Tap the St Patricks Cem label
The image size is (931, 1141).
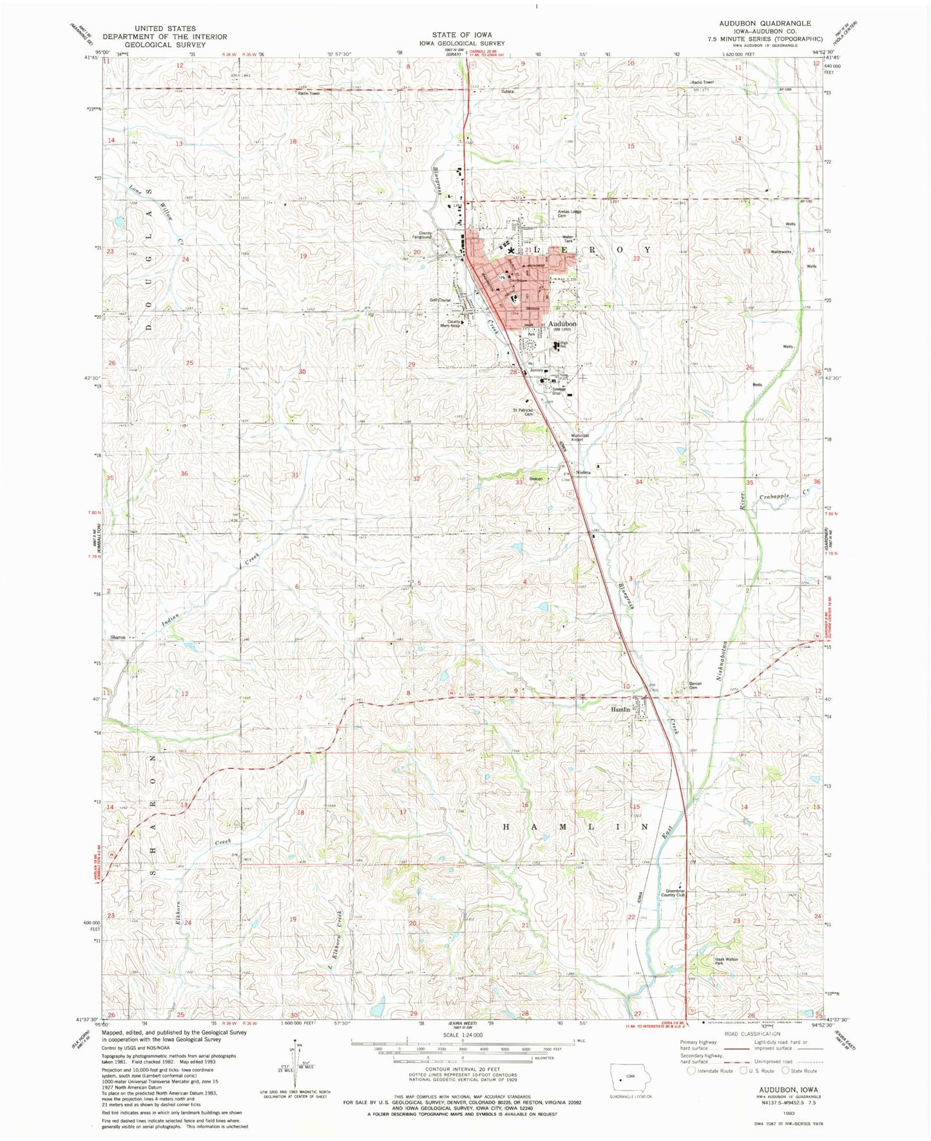click(x=524, y=411)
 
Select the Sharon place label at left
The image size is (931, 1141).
click(x=118, y=637)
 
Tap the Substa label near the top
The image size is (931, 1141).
click(x=507, y=92)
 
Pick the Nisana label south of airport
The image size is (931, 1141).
click(x=583, y=473)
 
